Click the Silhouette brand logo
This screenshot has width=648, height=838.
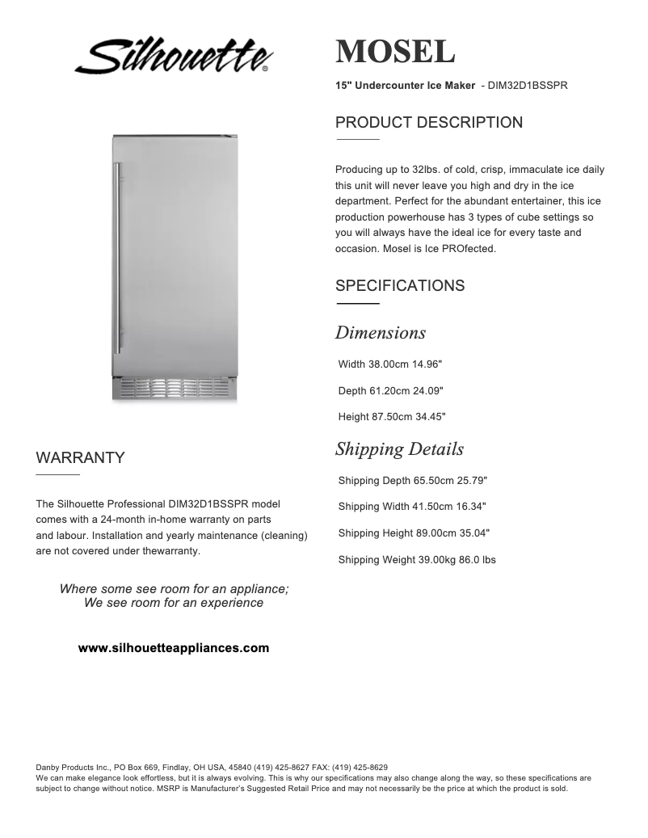click(x=174, y=57)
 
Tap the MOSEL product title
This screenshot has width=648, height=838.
click(x=395, y=53)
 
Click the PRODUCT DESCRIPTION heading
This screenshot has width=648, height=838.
click(x=428, y=123)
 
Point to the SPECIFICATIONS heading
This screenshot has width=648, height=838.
click(x=399, y=286)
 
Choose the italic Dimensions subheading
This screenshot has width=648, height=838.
click(x=380, y=333)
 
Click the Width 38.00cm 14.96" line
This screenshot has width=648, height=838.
click(x=389, y=364)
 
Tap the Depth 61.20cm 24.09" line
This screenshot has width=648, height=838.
click(x=390, y=391)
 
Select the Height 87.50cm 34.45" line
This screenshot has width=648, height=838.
click(x=391, y=417)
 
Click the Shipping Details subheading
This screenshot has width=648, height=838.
click(x=399, y=449)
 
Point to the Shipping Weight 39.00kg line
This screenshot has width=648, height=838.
click(x=417, y=560)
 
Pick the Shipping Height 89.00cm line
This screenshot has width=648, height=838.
click(x=414, y=533)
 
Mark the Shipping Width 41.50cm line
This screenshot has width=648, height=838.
click(x=412, y=507)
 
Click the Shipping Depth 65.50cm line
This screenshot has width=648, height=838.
click(x=412, y=481)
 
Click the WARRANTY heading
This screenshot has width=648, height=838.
click(x=80, y=458)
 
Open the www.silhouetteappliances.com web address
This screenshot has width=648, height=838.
click(x=174, y=648)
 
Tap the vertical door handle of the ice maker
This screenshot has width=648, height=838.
click(x=118, y=259)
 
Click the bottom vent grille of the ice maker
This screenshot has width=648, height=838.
click(x=175, y=388)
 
